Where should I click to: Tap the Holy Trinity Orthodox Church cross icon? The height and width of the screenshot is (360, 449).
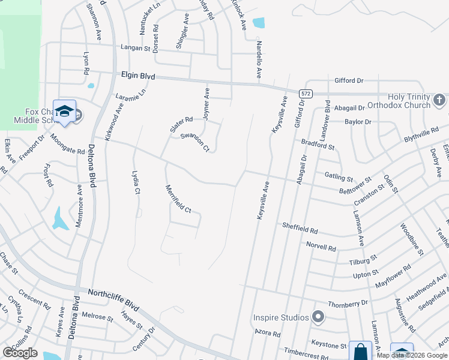pyautogui.click(x=439, y=100)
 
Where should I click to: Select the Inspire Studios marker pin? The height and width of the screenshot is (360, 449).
pyautogui.click(x=318, y=316)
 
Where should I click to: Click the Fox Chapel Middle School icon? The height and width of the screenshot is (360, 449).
pyautogui.click(x=64, y=111)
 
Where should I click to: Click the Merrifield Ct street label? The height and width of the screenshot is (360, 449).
pyautogui.click(x=178, y=199)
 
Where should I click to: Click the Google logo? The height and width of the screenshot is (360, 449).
pyautogui.click(x=20, y=353)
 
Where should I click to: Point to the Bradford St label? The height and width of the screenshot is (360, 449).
pyautogui.click(x=318, y=145)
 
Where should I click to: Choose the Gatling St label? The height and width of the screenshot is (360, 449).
pyautogui.click(x=338, y=178)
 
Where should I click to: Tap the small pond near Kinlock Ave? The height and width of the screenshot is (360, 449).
pyautogui.click(x=259, y=23)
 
